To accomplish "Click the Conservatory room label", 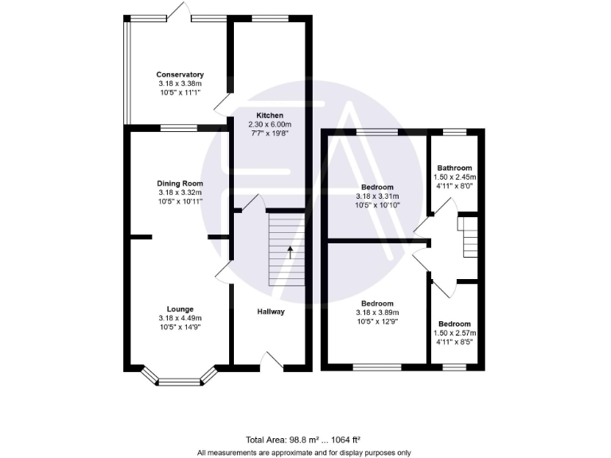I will click(180, 75).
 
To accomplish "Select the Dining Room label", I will click(180, 183).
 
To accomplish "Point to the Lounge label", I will click(180, 309).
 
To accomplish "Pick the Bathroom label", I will click(453, 169).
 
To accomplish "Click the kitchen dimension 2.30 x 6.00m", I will click(270, 125).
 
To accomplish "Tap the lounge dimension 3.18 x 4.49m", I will click(180, 319).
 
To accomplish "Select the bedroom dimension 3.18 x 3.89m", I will click(377, 312).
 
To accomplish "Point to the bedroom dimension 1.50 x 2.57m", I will click(453, 334).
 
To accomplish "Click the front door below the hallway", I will click(273, 366).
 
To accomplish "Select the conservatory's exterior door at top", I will click(177, 11).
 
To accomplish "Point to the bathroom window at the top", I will click(453, 131).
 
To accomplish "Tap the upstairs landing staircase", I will click(470, 237).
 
